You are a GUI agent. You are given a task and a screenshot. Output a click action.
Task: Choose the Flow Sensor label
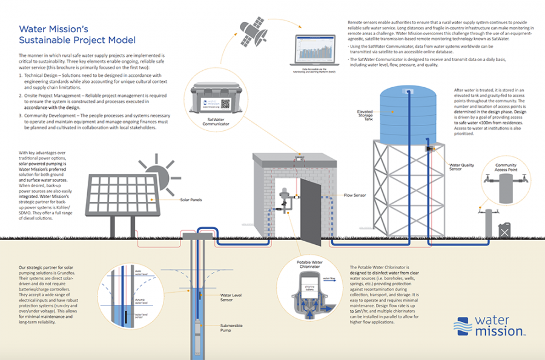(356, 196)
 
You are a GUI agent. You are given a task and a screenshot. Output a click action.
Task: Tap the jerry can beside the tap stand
(504, 230)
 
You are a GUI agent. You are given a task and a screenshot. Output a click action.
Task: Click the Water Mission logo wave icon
(463, 325)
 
